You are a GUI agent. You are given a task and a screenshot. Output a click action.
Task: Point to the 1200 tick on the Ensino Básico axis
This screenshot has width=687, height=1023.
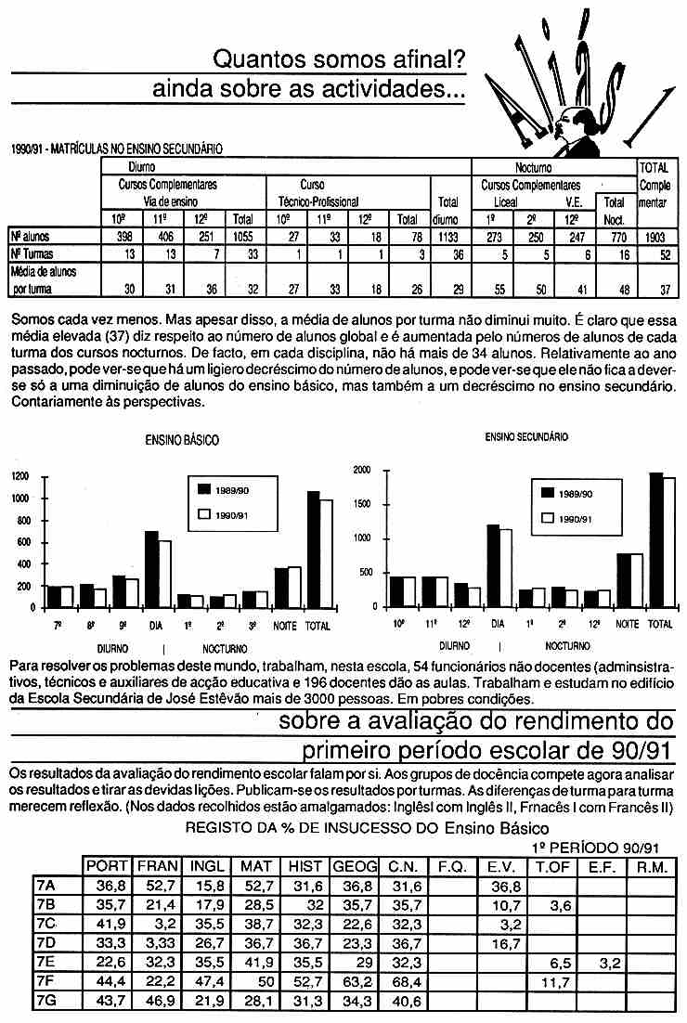coord(19,477)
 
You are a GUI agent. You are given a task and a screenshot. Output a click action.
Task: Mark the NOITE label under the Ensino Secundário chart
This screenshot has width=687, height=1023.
coord(627,625)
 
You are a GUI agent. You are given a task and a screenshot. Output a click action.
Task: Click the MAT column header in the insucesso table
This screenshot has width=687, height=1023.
coord(256,866)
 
